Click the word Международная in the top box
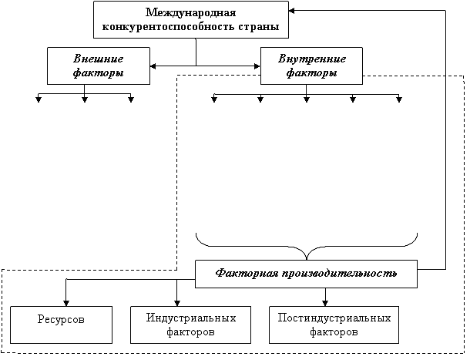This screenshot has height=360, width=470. (x=190, y=13)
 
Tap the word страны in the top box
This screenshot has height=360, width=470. (x=258, y=28)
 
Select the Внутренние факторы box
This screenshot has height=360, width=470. (x=311, y=66)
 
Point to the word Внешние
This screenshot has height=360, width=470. (x=98, y=59)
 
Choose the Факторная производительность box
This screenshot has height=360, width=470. (x=307, y=273)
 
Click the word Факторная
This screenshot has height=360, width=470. (x=242, y=273)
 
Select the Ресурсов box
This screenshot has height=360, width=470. (x=61, y=324)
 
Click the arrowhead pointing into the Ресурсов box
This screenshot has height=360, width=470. (x=65, y=301)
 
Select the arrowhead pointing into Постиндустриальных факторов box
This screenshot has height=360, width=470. (x=324, y=301)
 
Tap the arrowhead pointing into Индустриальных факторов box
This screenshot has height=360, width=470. (x=178, y=301)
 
